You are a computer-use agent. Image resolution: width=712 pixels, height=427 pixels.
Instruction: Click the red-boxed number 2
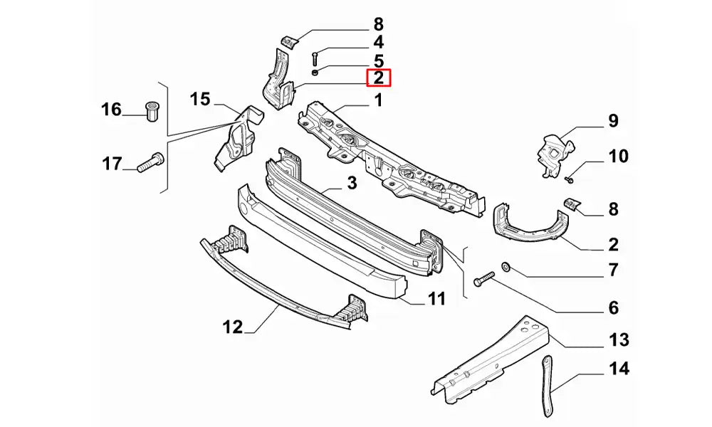pyautogui.click(x=378, y=78)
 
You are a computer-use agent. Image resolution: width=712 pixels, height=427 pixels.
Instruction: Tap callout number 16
pyautogui.click(x=111, y=110)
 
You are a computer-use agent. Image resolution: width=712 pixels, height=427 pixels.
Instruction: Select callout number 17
pyautogui.click(x=111, y=164)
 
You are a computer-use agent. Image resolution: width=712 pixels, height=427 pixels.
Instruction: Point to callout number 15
pyautogui.click(x=201, y=99)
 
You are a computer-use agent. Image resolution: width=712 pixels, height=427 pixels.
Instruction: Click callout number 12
pyautogui.click(x=233, y=327)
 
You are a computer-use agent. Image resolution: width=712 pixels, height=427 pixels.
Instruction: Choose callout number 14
pyautogui.click(x=619, y=369)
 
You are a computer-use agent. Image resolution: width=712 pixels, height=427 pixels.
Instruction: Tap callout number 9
pyautogui.click(x=613, y=121)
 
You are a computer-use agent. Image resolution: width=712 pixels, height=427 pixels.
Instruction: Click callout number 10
pyautogui.click(x=618, y=155)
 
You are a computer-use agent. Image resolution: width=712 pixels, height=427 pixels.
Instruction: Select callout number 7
pyautogui.click(x=613, y=270)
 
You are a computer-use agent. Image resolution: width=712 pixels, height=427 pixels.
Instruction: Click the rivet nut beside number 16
pyautogui.click(x=151, y=111)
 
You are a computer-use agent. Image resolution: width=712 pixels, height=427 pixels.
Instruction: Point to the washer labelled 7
pyautogui.click(x=506, y=267)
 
